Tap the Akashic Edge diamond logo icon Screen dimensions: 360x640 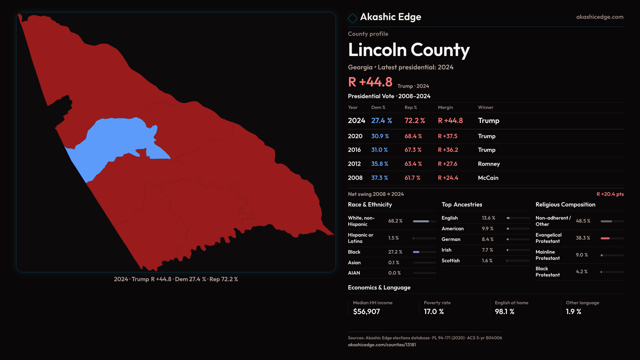pyautogui.click(x=352, y=18)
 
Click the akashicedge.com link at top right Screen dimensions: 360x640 pyautogui.click(x=600, y=17)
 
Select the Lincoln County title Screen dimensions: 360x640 pyautogui.click(x=409, y=50)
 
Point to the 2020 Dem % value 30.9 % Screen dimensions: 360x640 pyautogui.click(x=380, y=136)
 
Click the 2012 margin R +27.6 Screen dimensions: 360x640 pyautogui.click(x=447, y=164)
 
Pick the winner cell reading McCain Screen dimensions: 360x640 pyautogui.click(x=488, y=178)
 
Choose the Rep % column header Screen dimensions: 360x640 pyautogui.click(x=411, y=107)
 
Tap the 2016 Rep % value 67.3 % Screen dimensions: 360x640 pyautogui.click(x=413, y=150)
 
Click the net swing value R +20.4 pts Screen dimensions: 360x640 pyautogui.click(x=610, y=194)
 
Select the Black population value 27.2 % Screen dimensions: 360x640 pyautogui.click(x=395, y=252)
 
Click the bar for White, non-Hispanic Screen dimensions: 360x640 pyautogui.click(x=421, y=221)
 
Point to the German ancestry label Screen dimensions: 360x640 pyautogui.click(x=451, y=239)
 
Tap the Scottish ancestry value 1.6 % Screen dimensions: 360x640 pyautogui.click(x=487, y=261)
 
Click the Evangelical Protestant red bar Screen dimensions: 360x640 pyautogui.click(x=605, y=238)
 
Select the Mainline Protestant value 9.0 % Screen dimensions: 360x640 pyautogui.click(x=582, y=255)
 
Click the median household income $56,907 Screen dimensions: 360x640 pyautogui.click(x=366, y=312)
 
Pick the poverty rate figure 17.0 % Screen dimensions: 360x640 pyautogui.click(x=434, y=312)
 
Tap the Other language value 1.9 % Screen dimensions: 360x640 pyautogui.click(x=573, y=312)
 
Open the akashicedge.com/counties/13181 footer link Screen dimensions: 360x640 pyautogui.click(x=382, y=345)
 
